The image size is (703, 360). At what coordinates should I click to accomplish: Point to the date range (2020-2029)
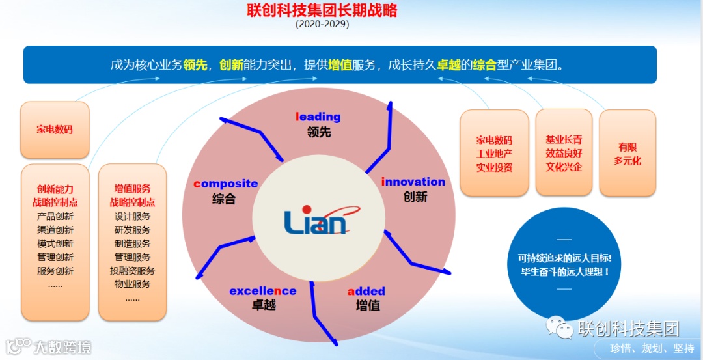322,24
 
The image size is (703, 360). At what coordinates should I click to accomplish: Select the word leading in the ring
318,117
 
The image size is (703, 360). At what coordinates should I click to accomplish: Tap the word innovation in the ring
413,182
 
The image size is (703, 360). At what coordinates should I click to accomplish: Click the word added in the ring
366,291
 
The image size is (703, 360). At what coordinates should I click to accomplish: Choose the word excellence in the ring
262,291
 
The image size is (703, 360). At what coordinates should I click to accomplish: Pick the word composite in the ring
226,184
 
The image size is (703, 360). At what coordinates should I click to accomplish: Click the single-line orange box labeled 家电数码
55,130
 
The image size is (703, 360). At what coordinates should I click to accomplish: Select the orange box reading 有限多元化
627,154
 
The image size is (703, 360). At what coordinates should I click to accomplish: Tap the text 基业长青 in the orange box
564,139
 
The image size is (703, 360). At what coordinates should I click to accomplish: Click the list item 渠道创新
55,230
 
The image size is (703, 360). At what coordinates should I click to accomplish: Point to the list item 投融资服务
132,271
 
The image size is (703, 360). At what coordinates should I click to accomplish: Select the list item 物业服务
132,284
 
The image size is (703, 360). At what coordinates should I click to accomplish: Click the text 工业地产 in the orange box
494,154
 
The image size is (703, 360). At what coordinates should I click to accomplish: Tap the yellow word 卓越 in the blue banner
448,65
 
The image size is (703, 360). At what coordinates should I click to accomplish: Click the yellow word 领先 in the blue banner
195,65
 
